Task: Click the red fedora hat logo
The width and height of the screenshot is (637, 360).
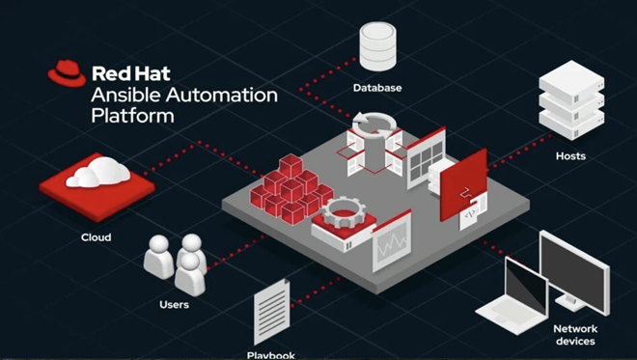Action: [x=67, y=73]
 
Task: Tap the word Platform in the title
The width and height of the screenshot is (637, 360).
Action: [x=132, y=116]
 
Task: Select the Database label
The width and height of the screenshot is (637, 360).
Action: [x=377, y=88]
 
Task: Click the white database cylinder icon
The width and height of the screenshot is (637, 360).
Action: [x=377, y=46]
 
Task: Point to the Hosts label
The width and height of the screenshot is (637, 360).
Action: [x=570, y=156]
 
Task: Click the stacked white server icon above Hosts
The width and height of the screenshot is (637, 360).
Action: [x=571, y=100]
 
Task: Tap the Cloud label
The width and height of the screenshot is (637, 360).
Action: [x=96, y=237]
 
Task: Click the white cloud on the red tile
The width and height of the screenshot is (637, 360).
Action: [x=98, y=173]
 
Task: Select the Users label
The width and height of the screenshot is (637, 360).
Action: [x=175, y=304]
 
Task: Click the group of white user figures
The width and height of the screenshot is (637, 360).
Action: [x=175, y=263]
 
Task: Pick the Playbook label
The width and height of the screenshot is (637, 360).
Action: [x=271, y=355]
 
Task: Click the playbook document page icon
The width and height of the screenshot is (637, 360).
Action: [x=272, y=312]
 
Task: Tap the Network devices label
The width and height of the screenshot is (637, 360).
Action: [x=575, y=335]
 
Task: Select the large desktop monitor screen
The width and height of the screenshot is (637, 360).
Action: [x=574, y=270]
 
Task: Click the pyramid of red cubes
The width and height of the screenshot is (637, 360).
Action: [x=291, y=189]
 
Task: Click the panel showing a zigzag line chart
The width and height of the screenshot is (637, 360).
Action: [x=392, y=241]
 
